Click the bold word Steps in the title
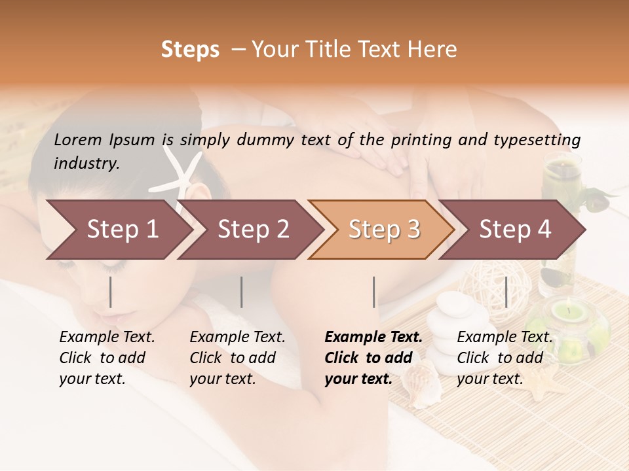(x=190, y=50)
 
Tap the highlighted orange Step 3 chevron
(x=381, y=230)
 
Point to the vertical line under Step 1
(x=111, y=292)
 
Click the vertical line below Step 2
(x=242, y=292)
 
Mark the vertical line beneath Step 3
(x=374, y=292)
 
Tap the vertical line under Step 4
(x=506, y=292)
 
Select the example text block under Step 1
(x=107, y=358)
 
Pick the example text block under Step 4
(x=505, y=358)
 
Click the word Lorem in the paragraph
(x=78, y=139)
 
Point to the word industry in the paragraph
(x=86, y=164)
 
